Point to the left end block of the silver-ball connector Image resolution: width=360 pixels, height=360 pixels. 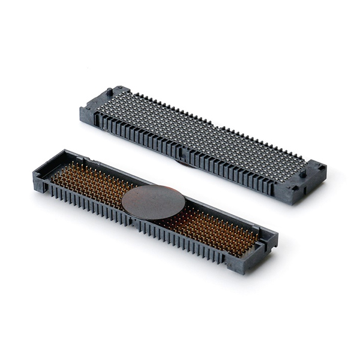96,108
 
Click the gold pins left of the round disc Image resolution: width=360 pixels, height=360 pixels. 90,183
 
